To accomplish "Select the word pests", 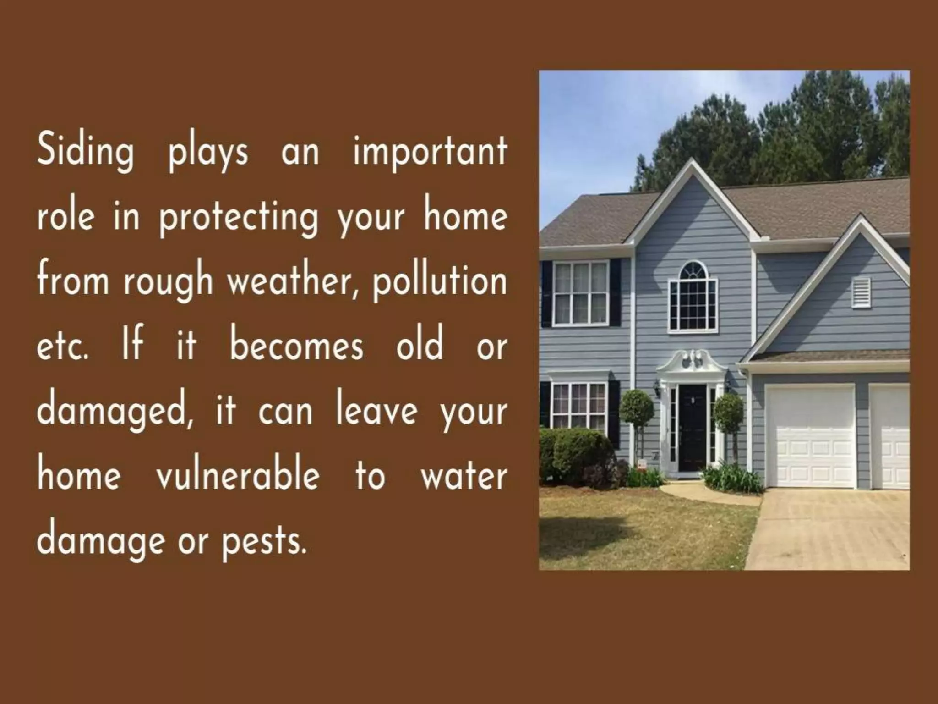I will pyautogui.click(x=264, y=541).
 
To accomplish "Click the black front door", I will pyautogui.click(x=692, y=428).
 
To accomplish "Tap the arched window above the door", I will pyautogui.click(x=693, y=297).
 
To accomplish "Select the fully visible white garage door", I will pyautogui.click(x=810, y=436).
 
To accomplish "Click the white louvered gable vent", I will pyautogui.click(x=860, y=291).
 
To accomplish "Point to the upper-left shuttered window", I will pyautogui.click(x=581, y=292).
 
